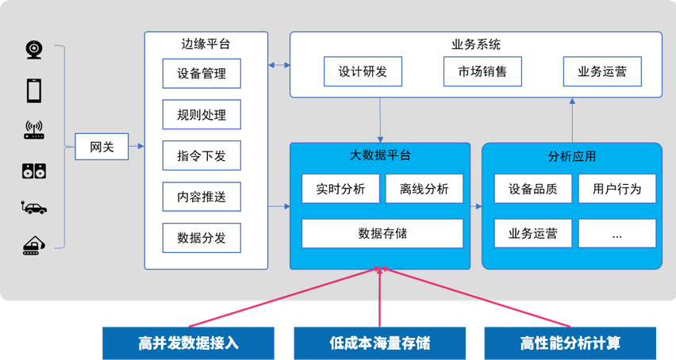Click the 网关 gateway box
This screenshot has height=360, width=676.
(102, 147)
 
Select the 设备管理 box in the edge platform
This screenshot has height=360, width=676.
(202, 74)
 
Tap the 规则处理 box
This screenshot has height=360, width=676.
(202, 115)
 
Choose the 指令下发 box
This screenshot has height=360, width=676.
(202, 156)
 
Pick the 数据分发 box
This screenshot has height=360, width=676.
(202, 238)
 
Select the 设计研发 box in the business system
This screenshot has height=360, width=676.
(363, 71)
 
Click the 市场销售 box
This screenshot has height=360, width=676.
(482, 71)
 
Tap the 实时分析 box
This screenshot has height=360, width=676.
(340, 189)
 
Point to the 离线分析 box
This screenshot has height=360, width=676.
(424, 189)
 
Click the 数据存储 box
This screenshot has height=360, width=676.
(382, 233)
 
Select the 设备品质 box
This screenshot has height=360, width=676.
(532, 189)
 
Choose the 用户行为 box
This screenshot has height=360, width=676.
(616, 189)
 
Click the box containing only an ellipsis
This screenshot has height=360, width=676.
(616, 234)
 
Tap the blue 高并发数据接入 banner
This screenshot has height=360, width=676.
(188, 343)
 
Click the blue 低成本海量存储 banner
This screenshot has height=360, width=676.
(380, 343)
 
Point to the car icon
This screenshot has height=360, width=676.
(34, 208)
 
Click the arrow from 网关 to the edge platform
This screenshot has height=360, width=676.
(136, 147)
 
